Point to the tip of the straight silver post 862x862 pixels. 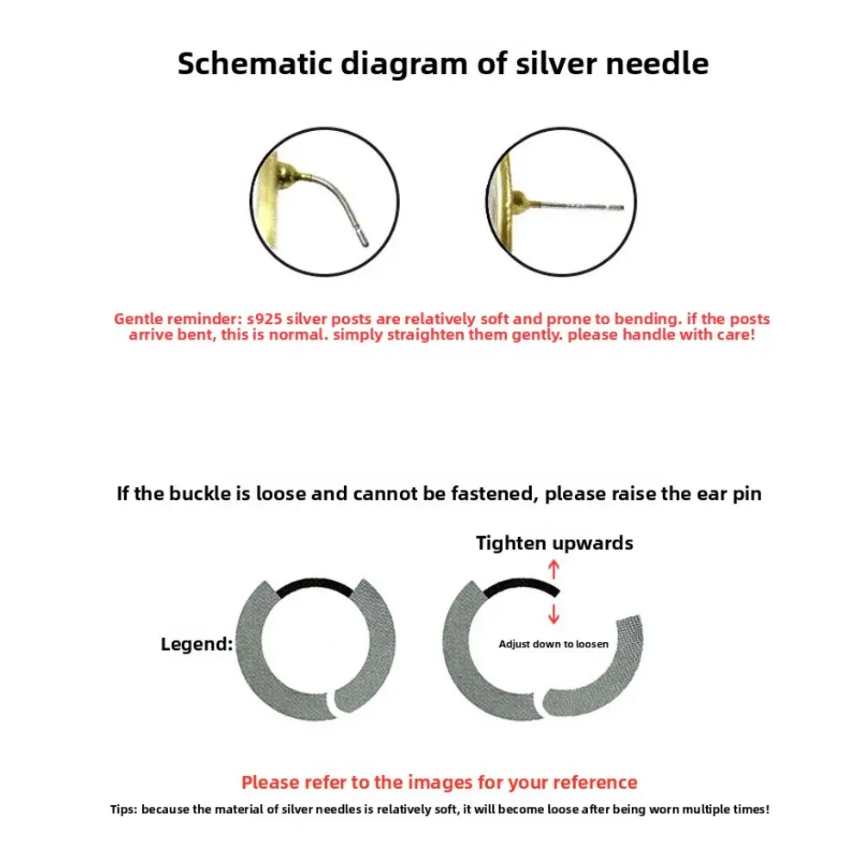tap(620, 208)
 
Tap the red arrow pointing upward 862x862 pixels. tap(554, 568)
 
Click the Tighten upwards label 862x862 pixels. tap(554, 543)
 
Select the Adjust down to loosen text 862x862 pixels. tap(553, 644)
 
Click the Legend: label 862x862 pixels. tap(197, 644)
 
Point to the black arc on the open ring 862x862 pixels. tap(521, 585)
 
